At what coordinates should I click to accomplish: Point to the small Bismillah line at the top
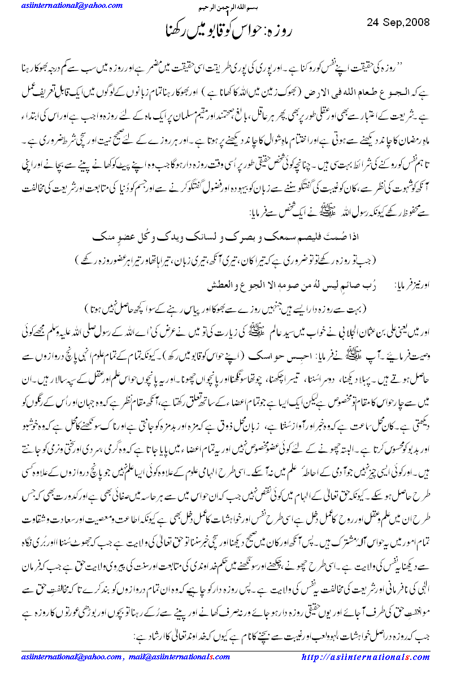[x=226, y=10]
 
